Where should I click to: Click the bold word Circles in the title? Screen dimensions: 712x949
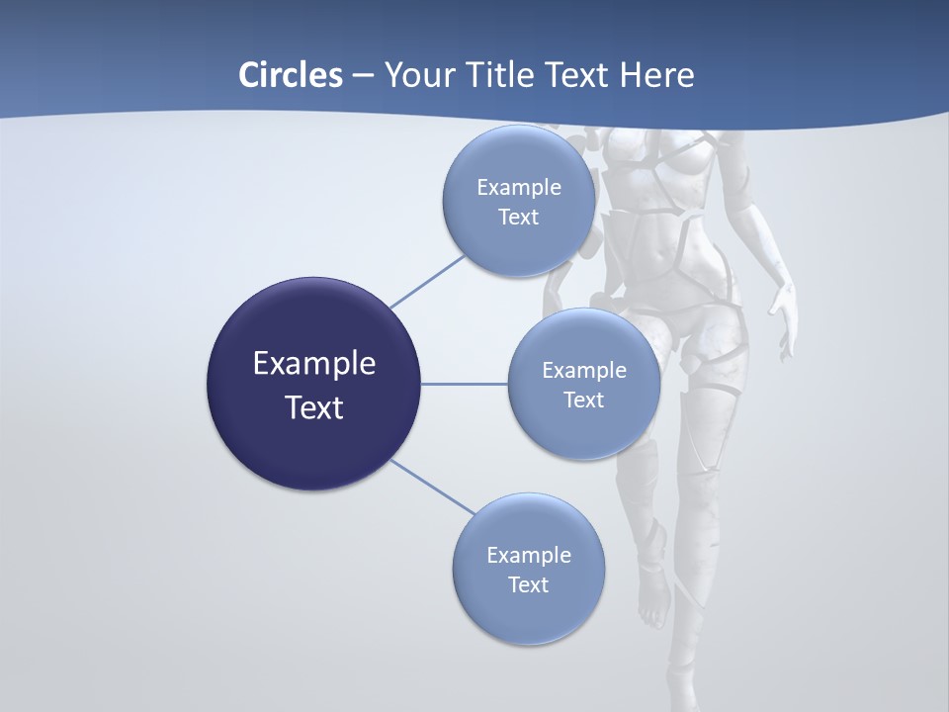tap(290, 75)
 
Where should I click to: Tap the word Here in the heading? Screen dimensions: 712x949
tap(656, 75)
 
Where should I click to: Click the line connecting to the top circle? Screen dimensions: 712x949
tap(427, 280)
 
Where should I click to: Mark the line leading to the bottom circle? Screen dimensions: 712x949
tap(433, 488)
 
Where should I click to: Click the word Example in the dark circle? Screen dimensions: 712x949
tap(313, 364)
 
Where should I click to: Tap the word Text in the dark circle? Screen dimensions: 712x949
tap(313, 407)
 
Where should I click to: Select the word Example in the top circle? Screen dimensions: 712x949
tap(519, 188)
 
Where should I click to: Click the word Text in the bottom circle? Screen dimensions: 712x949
tap(528, 584)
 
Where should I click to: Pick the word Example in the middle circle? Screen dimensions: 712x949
tap(583, 371)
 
